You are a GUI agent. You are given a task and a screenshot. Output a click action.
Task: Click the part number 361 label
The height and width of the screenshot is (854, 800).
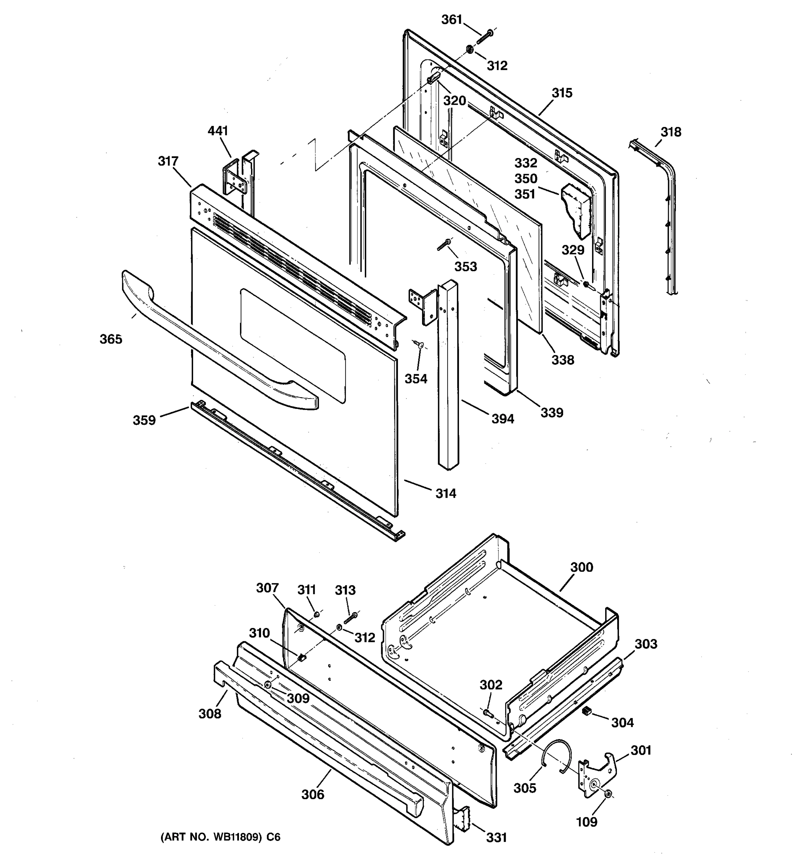pos(452,20)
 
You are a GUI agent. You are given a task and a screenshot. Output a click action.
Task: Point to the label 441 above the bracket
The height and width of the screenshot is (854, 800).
pos(218,131)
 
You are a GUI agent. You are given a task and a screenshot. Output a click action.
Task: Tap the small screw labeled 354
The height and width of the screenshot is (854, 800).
pos(419,344)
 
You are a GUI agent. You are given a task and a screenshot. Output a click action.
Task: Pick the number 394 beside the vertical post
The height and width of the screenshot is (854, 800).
pos(502,418)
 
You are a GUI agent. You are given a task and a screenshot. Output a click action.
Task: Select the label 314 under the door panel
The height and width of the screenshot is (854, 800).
pos(446,494)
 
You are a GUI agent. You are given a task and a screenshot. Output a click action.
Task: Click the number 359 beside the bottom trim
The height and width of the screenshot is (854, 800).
pos(144,420)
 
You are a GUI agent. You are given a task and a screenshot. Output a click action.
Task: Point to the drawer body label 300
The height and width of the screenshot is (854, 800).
pos(582,567)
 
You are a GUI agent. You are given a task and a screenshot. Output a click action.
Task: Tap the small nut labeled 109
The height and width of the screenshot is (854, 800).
pos(608,796)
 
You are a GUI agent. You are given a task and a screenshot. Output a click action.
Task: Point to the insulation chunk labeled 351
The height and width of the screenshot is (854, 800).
pos(575,211)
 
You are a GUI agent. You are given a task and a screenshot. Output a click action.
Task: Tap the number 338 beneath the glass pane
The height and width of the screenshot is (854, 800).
pos(562,360)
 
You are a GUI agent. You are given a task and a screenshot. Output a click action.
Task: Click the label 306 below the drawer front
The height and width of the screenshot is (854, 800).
pos(313,795)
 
